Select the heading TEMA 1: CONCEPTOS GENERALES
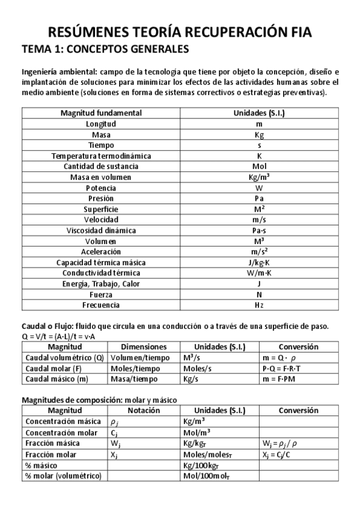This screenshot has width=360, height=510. (105, 49)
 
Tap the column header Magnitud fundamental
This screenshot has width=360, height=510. (101, 113)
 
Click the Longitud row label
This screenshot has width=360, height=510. (101, 124)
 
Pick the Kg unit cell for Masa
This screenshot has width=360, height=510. (259, 135)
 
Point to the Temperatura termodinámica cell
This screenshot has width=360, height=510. (101, 156)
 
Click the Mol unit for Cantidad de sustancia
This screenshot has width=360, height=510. (259, 167)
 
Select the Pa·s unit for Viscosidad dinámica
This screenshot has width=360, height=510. (259, 230)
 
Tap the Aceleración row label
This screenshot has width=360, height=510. (101, 251)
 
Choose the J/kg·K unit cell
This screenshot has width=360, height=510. (259, 263)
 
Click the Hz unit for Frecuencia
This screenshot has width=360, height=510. (259, 305)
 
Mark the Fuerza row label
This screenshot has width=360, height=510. (101, 295)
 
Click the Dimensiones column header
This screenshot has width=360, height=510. (144, 347)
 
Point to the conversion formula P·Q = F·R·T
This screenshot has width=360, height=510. (282, 368)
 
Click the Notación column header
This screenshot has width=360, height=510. (144, 411)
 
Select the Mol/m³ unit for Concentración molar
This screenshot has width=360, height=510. (198, 432)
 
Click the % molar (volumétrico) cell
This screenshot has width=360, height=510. (63, 476)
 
